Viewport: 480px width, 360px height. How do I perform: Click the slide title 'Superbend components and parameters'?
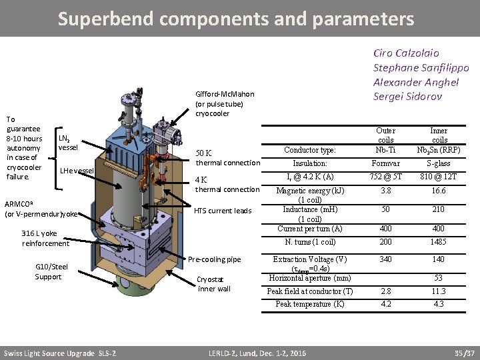[235, 18]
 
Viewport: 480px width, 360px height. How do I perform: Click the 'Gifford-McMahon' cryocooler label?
[225, 95]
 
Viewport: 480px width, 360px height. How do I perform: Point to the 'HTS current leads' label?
[223, 211]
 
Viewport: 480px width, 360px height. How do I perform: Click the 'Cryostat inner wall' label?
[214, 284]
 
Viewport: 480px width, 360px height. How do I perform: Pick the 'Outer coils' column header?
[385, 135]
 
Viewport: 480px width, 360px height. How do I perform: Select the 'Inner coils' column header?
[439, 135]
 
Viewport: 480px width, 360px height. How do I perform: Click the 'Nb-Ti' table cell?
[385, 149]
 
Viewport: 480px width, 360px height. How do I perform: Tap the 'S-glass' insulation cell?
[439, 163]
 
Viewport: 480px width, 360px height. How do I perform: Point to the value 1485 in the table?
[439, 242]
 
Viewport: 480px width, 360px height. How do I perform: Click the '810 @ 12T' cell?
[439, 177]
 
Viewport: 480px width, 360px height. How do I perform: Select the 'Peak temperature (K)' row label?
[310, 304]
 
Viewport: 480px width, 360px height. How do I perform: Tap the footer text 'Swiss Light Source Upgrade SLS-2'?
[60, 353]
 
